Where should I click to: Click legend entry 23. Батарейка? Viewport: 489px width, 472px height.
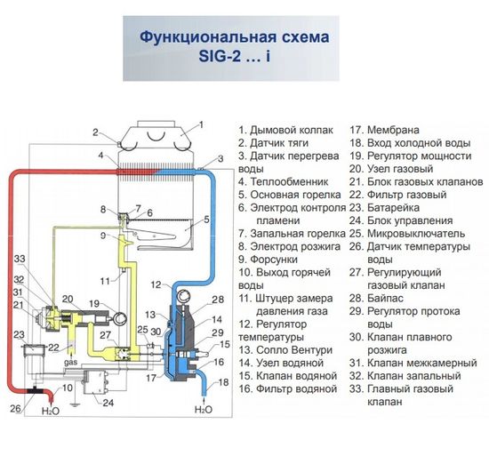[392, 207]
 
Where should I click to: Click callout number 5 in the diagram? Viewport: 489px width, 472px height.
[206, 219]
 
